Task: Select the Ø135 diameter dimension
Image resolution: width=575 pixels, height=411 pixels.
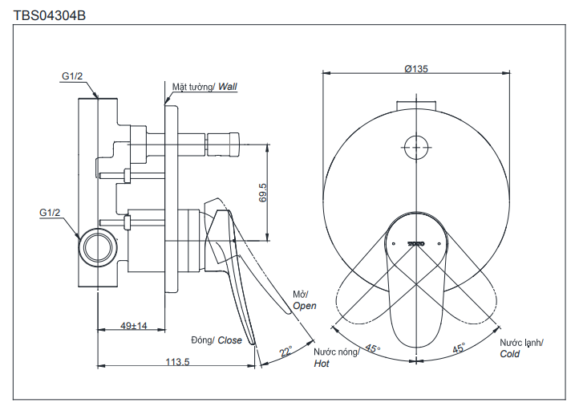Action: (416, 70)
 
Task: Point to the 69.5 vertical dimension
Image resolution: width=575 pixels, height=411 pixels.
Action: (262, 193)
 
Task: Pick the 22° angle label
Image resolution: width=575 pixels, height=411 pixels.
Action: (285, 351)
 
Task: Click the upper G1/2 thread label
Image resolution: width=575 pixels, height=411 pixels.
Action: (72, 75)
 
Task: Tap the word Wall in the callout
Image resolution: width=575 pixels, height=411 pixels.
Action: (228, 86)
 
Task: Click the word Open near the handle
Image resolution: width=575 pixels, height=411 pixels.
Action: (304, 306)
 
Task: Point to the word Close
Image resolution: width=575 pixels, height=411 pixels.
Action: (229, 340)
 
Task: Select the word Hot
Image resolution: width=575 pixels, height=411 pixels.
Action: (322, 364)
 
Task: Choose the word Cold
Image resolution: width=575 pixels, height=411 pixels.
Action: (510, 353)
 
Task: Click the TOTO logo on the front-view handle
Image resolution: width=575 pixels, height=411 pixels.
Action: (415, 241)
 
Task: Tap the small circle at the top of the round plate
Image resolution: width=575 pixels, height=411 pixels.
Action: (415, 148)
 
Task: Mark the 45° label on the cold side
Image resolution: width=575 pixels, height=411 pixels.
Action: (459, 348)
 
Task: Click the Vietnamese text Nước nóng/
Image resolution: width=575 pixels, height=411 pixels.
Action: (336, 352)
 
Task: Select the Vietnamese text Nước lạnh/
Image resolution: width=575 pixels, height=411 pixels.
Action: (521, 342)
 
